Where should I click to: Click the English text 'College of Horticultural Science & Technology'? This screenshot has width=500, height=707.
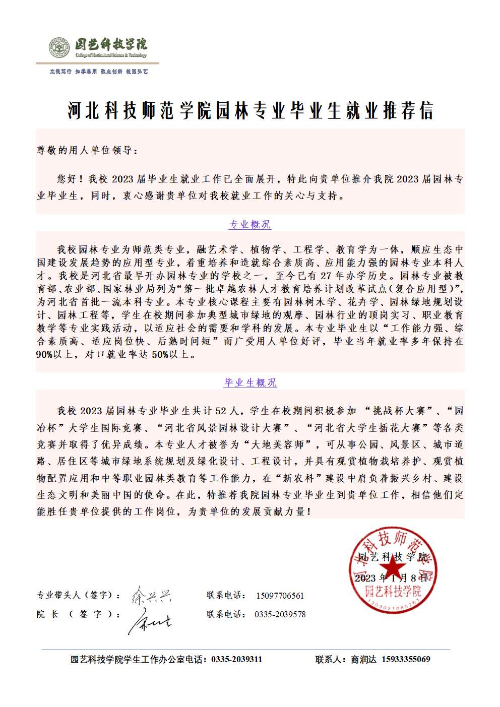point(111,55)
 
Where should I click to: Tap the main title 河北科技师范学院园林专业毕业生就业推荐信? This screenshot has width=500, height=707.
point(251,111)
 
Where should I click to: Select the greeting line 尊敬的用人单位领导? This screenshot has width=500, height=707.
point(86,150)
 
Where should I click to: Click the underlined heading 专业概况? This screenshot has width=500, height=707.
point(250,225)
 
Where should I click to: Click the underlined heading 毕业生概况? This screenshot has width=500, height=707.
point(250,383)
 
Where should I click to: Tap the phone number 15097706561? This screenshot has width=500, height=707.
point(280,596)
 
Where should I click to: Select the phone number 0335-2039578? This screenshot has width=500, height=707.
point(280,614)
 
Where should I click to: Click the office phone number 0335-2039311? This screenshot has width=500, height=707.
point(236,659)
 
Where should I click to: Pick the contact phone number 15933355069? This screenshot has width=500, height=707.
point(406,659)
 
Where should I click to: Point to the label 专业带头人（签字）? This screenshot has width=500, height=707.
point(78,596)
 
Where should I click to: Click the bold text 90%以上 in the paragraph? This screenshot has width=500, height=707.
point(55,355)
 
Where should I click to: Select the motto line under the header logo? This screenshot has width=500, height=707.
point(98,72)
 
